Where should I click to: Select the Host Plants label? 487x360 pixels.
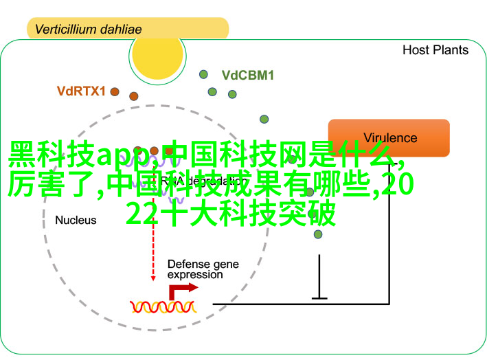pos(435,50)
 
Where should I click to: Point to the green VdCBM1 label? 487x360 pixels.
pos(247,76)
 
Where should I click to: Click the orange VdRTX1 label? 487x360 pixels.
pos(81,91)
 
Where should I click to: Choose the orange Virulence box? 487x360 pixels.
pos(389,137)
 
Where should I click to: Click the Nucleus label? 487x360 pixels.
pos(76,221)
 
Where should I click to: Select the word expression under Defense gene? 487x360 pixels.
pos(194,275)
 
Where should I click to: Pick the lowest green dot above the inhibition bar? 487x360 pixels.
pos(317,234)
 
